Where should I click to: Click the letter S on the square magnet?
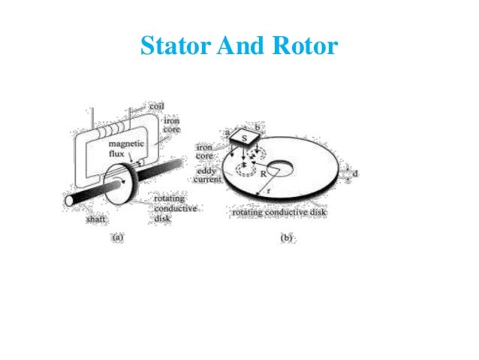pos(243,138)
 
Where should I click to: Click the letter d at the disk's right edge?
pos(355,174)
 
